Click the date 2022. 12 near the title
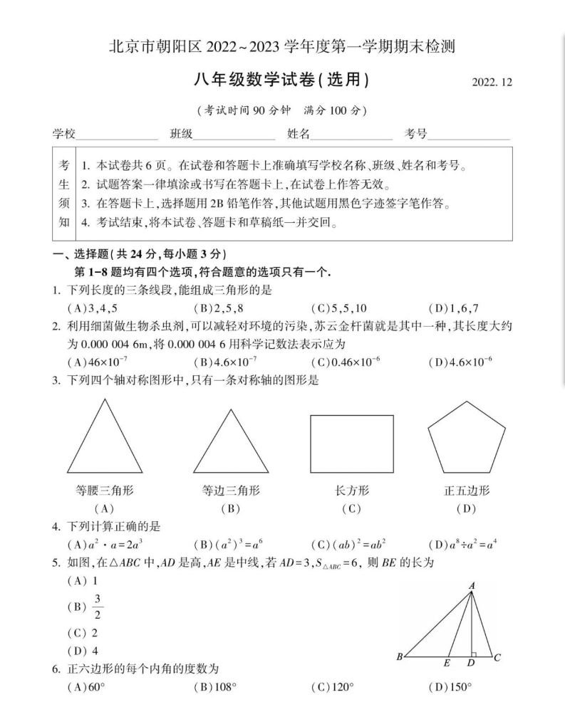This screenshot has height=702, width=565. click(x=492, y=82)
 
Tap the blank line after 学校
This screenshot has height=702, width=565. click(x=117, y=135)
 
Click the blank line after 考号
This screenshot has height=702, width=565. click(x=468, y=135)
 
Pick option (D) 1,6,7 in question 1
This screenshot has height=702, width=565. click(x=454, y=308)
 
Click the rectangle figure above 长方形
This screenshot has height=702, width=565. click(x=351, y=444)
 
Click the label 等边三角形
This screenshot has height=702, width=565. click(x=230, y=491)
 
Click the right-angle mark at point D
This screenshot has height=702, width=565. click(x=473, y=651)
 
